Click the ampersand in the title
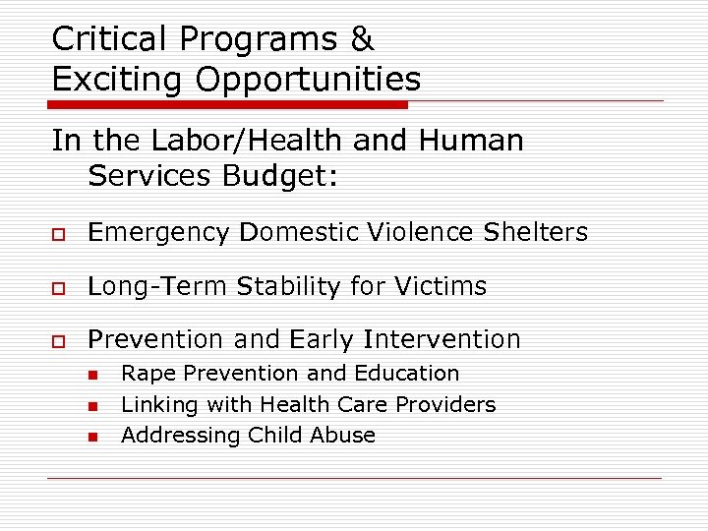(361, 39)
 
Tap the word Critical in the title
(112, 39)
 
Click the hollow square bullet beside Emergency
(59, 234)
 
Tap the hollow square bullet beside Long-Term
(59, 287)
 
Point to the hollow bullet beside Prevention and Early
(59, 340)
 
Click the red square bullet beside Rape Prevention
(91, 375)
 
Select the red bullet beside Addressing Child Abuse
(91, 436)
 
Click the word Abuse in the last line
(344, 435)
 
